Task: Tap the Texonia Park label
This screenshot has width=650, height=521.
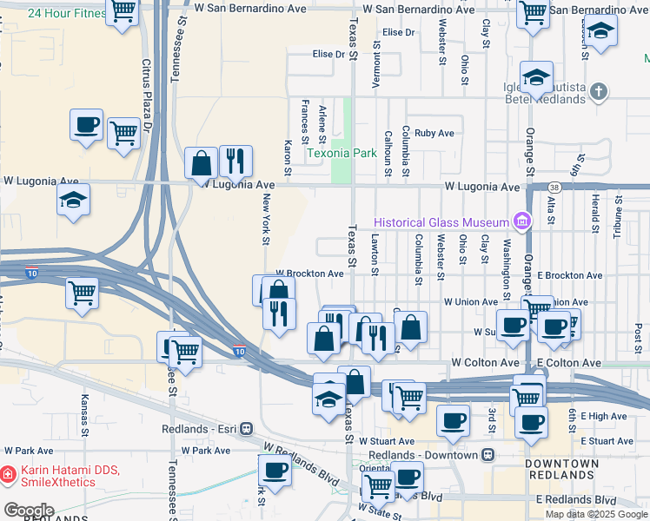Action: [341, 154]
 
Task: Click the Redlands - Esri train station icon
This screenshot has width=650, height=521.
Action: [248, 429]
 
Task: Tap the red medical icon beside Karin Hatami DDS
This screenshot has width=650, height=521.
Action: [7, 475]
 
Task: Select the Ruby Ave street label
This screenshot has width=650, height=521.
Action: [434, 133]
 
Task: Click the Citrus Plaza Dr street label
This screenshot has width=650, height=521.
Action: [147, 95]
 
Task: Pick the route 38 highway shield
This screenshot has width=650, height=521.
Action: [554, 187]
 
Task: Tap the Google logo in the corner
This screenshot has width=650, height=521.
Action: [29, 511]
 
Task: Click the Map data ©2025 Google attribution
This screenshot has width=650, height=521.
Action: [596, 514]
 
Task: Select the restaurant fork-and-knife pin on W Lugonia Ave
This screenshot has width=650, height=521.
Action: [235, 161]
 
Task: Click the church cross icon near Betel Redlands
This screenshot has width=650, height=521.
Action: [598, 91]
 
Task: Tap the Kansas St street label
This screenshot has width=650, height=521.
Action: [84, 415]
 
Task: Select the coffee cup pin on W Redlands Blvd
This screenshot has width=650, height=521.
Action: [275, 472]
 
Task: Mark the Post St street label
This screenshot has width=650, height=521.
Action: [638, 333]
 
